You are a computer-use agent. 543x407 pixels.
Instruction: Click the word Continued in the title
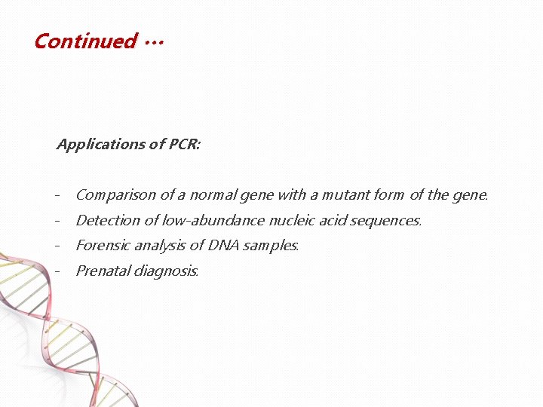coord(85,41)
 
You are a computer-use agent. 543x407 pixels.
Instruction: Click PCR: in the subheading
coord(185,144)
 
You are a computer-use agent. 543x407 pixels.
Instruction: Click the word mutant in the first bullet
coord(345,195)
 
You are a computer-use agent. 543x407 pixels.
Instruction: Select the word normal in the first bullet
coord(213,195)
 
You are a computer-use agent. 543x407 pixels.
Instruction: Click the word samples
coord(272,246)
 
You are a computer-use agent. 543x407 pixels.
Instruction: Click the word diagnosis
coord(166,271)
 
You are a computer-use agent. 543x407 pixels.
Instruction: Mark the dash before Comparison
coord(58,196)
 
